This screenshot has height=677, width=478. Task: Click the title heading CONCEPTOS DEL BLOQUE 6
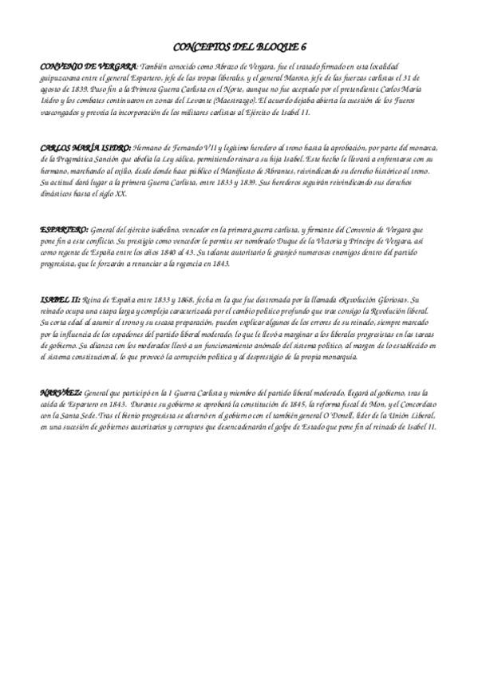pyautogui.click(x=239, y=47)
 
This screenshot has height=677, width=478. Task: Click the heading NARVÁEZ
pyautogui.click(x=60, y=392)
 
